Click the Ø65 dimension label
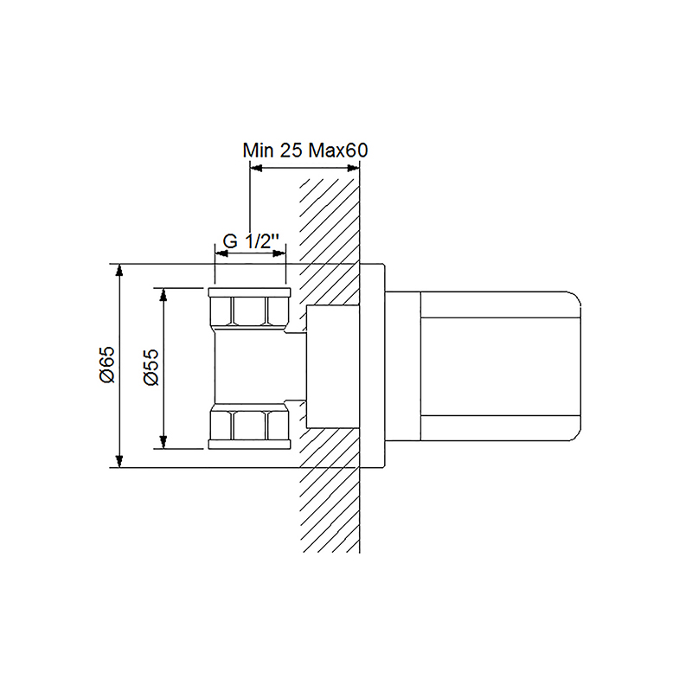107,365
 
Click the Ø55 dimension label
151,368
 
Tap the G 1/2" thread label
251,241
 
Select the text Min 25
272,151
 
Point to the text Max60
338,151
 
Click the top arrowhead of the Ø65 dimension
119,270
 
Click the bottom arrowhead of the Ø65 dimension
119,461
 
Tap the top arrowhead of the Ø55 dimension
163,294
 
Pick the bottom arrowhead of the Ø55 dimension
163,443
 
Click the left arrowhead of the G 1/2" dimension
221,253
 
